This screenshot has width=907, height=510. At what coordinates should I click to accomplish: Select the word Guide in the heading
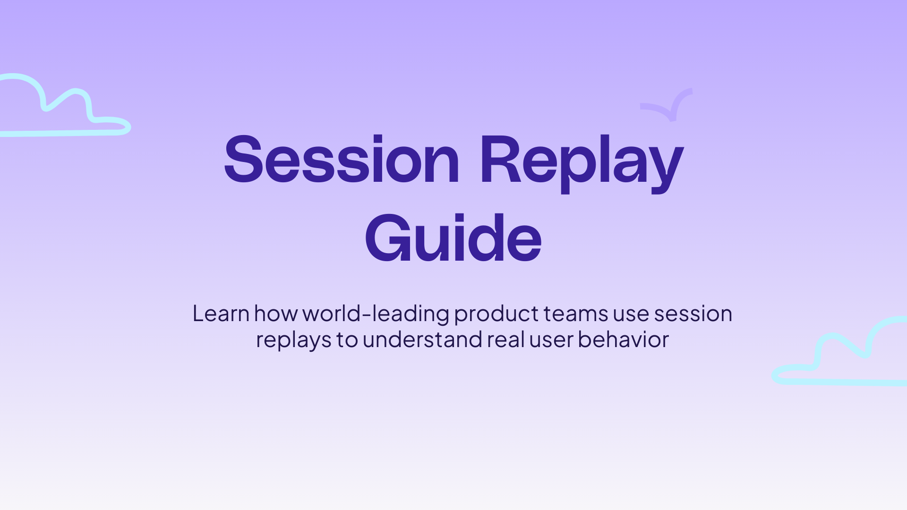point(453,238)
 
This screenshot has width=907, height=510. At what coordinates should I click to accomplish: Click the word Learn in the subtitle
point(221,314)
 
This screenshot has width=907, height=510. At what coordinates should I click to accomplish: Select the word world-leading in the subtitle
point(376,314)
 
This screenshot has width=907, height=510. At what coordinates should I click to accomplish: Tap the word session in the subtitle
point(693,314)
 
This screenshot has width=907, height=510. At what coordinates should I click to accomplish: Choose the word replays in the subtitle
point(293,340)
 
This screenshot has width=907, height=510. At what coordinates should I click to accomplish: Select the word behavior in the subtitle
point(623,340)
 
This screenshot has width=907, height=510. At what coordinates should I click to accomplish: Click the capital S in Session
point(243,160)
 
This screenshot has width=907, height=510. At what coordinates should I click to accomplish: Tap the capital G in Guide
point(387,238)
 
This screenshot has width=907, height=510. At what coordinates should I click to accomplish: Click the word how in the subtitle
point(275,314)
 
